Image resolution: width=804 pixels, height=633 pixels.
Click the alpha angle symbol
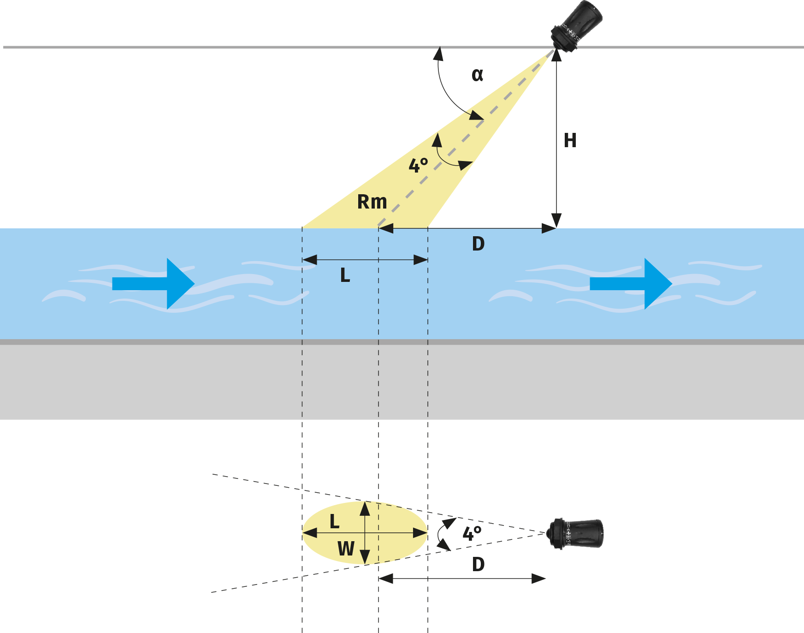(x=477, y=75)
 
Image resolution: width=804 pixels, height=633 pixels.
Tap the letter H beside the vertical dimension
(x=570, y=140)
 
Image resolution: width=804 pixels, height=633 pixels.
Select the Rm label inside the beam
(x=372, y=202)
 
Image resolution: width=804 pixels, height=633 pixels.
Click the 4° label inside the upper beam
(x=418, y=165)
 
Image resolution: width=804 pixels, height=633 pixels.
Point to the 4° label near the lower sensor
(x=472, y=534)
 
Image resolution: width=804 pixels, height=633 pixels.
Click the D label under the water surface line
(x=478, y=244)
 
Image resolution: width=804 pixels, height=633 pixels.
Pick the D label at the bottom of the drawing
(x=478, y=564)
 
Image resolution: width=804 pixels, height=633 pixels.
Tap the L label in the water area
(x=345, y=275)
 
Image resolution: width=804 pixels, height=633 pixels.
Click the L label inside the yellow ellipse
(x=334, y=522)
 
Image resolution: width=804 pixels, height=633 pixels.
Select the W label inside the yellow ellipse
(x=346, y=549)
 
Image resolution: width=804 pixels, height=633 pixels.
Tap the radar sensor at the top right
(x=577, y=25)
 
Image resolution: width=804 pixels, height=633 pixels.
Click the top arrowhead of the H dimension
(x=556, y=55)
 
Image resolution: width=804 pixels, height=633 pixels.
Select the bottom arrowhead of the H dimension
(x=556, y=221)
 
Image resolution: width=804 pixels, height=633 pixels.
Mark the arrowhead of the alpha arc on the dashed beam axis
(x=476, y=115)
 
